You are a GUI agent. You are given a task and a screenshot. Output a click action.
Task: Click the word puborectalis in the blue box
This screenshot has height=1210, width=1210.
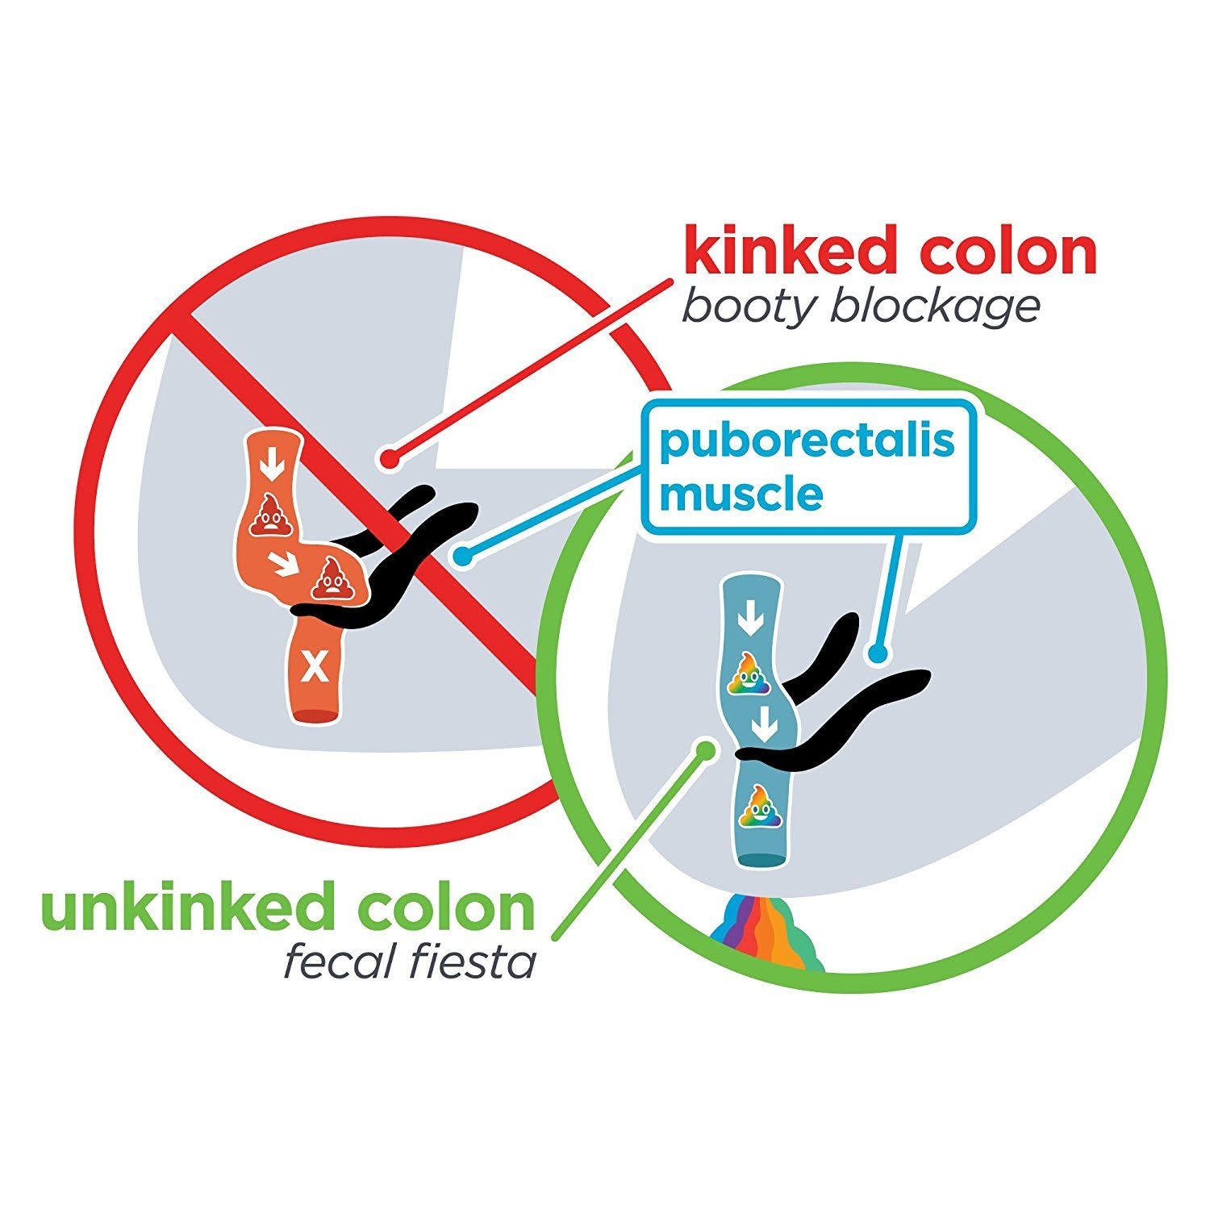[807, 443]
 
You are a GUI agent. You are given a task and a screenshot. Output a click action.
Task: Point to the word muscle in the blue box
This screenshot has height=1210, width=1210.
[741, 494]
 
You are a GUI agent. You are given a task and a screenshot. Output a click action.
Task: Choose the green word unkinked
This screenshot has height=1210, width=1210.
[191, 907]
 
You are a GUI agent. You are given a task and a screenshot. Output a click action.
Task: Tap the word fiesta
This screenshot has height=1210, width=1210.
[481, 962]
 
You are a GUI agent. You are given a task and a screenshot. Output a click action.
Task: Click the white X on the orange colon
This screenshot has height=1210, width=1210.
[314, 667]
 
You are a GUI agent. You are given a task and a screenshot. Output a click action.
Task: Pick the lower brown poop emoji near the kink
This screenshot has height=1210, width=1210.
[330, 579]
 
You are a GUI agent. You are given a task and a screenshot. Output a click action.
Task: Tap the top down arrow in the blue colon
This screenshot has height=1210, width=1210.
[751, 620]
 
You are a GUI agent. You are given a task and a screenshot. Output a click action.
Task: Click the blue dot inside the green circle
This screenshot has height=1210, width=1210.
[878, 654]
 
